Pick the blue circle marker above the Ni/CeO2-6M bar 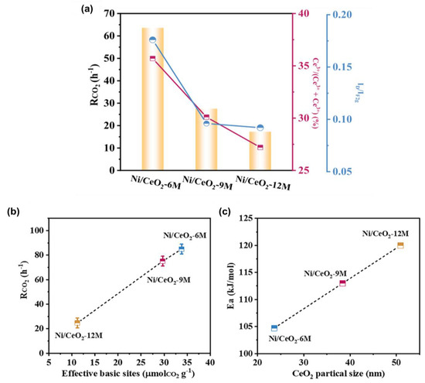pos(152,40)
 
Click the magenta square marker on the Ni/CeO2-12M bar pos(260,147)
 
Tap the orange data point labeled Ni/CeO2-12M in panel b pos(77,322)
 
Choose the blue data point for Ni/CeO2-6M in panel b pos(181,249)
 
